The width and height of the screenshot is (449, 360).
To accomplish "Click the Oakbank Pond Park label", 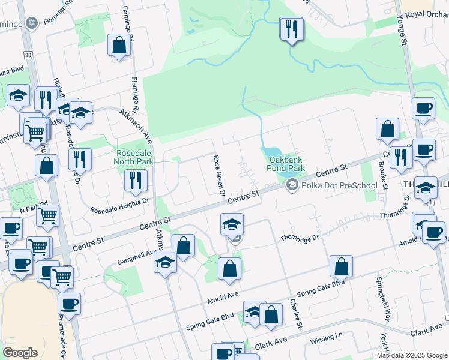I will pyautogui.click(x=286, y=164).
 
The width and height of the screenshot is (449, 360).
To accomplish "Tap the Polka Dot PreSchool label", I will pyautogui.click(x=340, y=185).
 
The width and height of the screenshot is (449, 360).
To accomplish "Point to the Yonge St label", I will pyautogui.click(x=401, y=27).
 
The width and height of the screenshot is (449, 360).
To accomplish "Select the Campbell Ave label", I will pyautogui.click(x=136, y=256).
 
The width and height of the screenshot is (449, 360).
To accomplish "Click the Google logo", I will pyautogui.click(x=20, y=352).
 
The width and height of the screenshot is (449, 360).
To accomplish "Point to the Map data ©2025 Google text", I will pyautogui.click(x=411, y=355).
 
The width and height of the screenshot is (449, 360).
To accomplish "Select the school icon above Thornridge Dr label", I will pyautogui.click(x=232, y=224).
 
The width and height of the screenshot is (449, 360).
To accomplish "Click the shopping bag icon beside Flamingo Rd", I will pyautogui.click(x=119, y=45).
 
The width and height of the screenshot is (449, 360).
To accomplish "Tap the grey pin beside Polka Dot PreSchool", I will pyautogui.click(x=292, y=185).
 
